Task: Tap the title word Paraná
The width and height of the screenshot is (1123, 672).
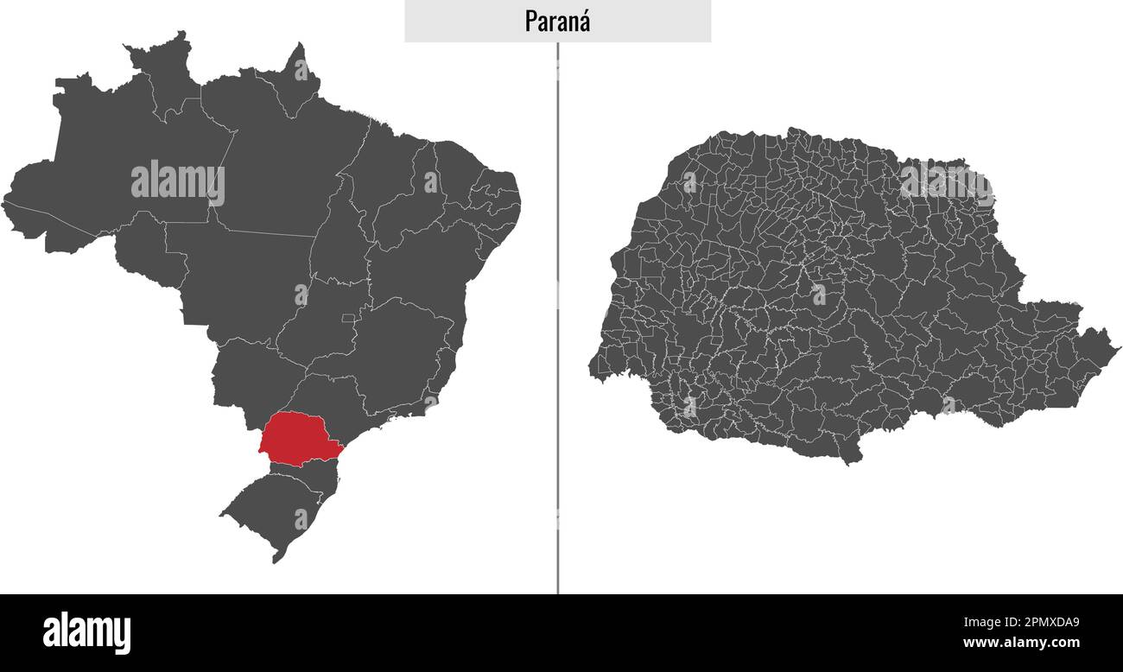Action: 557,21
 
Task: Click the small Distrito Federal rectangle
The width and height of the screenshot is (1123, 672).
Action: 348,318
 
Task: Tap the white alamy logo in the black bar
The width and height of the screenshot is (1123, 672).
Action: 86,633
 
